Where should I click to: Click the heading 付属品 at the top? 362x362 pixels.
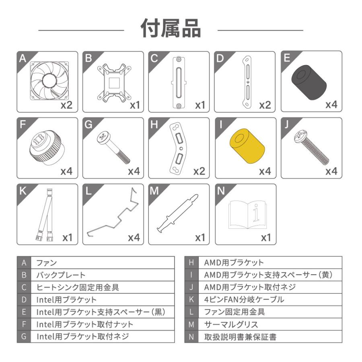tap(171, 29)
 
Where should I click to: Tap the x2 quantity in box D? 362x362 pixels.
tap(265, 105)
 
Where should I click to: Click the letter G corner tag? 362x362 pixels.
tap(88, 123)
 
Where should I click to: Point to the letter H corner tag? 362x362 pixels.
tap(154, 123)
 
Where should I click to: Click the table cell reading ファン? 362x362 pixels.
tap(103, 263)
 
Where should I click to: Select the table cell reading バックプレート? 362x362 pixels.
tap(103, 276)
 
